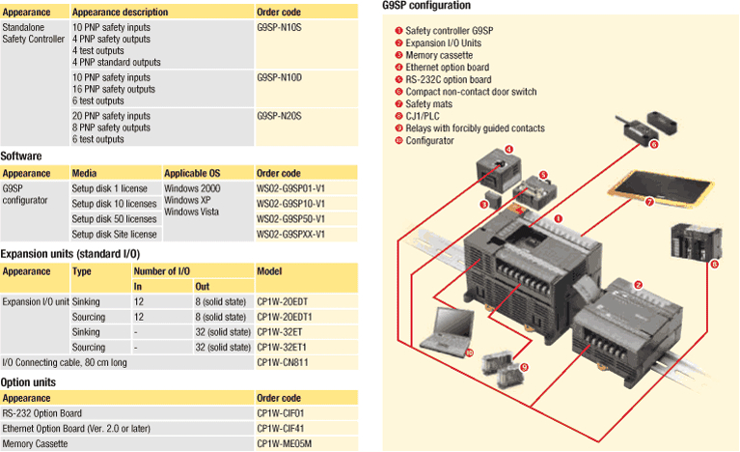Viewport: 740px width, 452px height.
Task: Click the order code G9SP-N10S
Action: pos(280,28)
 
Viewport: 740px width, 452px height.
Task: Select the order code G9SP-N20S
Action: pos(280,116)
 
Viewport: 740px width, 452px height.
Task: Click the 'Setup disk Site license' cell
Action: pos(115,234)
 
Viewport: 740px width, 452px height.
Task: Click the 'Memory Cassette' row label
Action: pos(36,443)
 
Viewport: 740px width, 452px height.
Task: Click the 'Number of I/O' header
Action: pos(159,271)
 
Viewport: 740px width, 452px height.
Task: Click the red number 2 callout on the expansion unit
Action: pos(639,284)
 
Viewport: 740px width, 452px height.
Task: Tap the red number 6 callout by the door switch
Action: pos(653,145)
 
